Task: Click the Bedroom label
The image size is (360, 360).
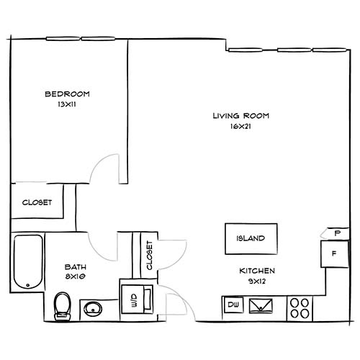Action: [68, 94]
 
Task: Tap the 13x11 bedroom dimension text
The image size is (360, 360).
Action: [68, 105]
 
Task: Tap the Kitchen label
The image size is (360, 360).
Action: [258, 271]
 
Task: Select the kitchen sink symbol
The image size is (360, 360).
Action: [261, 306]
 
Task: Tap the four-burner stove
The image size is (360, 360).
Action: [300, 308]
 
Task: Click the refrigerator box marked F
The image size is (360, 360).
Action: [334, 253]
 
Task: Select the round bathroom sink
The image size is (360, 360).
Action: [92, 310]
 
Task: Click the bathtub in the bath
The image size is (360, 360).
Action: [28, 260]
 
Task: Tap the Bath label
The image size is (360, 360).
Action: [76, 265]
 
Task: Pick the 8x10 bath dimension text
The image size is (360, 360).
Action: [76, 275]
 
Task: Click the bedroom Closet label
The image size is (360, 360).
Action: [36, 202]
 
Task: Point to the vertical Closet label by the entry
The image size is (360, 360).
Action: [150, 255]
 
